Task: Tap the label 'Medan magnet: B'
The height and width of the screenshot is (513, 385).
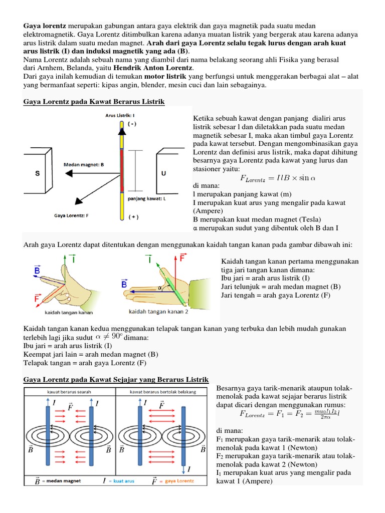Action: click(x=84, y=164)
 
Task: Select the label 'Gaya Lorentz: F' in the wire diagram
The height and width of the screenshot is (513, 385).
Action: click(x=71, y=216)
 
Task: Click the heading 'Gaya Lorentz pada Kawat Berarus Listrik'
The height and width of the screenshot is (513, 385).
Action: click(x=94, y=102)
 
